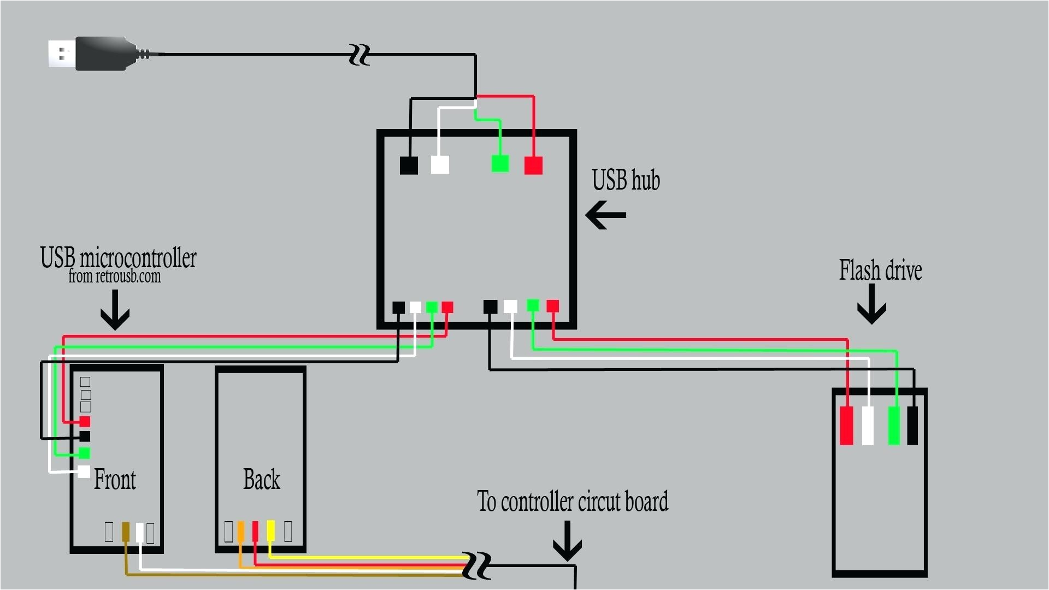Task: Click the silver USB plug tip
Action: coord(61,54)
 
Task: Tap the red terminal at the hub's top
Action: coord(533,165)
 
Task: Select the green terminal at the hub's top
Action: coord(500,163)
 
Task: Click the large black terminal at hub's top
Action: coord(409,165)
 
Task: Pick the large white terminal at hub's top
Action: coord(440,164)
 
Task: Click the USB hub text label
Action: coord(626,180)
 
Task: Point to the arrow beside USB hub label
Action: coord(605,215)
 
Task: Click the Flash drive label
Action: coord(880,270)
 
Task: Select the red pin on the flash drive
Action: coord(846,426)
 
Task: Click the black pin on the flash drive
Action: coord(912,426)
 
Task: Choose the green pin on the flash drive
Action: coord(894,426)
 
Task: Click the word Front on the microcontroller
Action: coord(115,480)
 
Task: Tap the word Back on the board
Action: coord(262,480)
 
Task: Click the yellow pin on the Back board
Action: coord(271,530)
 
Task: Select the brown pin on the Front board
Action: coord(126,532)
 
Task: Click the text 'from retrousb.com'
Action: coord(115,276)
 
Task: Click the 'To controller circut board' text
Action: coord(572,501)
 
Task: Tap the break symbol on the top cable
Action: coord(360,55)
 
